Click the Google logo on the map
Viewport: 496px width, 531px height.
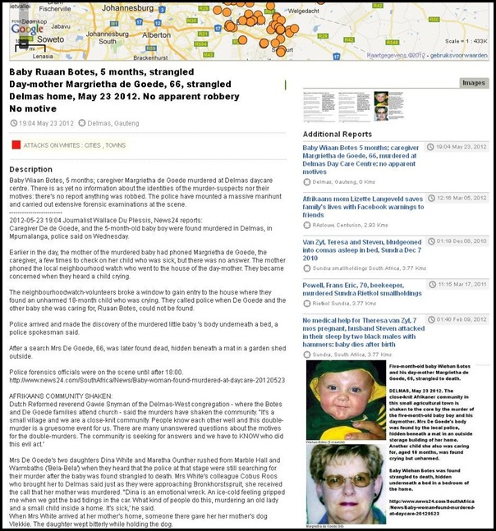click(26, 28)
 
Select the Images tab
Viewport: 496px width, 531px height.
click(474, 83)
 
